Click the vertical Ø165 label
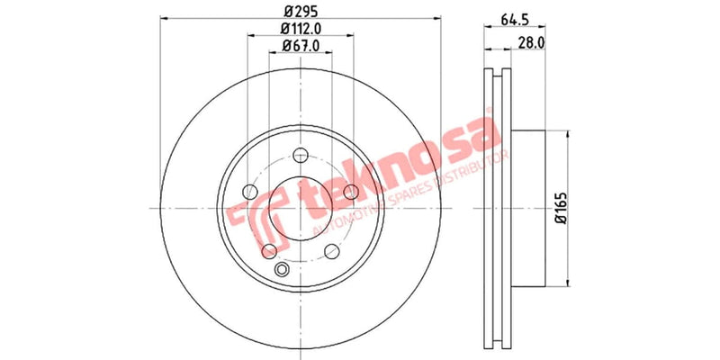point(558,209)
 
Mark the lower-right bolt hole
point(330,250)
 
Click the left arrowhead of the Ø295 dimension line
point(161,18)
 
